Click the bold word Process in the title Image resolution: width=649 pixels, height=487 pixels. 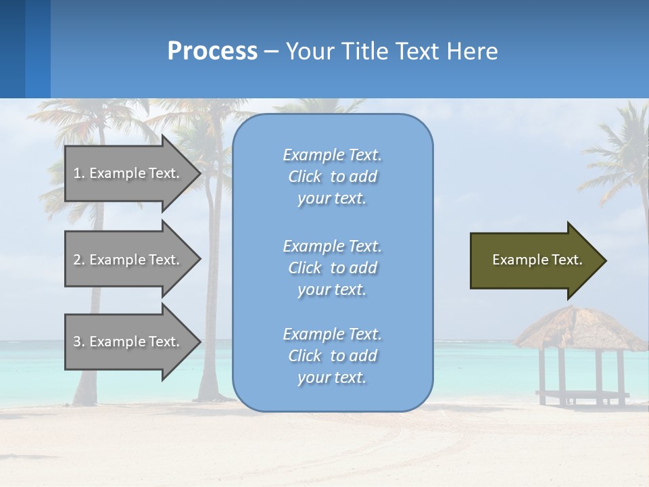tap(212, 51)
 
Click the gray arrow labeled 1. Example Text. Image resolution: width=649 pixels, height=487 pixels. tap(128, 173)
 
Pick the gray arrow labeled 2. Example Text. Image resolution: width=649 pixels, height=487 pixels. tap(128, 260)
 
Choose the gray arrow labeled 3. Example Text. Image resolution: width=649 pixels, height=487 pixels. tap(128, 342)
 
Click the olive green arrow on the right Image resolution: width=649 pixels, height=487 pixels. tap(534, 260)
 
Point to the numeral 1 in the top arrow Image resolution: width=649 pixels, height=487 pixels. tap(77, 173)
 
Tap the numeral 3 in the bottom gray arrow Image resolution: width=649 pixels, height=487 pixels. tap(77, 342)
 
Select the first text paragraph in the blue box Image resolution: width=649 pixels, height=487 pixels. tap(332, 177)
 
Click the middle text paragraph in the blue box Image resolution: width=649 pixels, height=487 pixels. tap(332, 268)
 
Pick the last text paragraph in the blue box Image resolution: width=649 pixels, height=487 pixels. tap(332, 356)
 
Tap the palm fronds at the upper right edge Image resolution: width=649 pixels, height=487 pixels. tap(619, 156)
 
